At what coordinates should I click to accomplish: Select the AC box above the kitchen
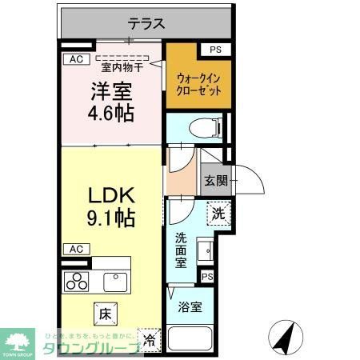[75, 248]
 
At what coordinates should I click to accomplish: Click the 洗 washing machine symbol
[218, 214]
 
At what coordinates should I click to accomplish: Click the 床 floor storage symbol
[105, 308]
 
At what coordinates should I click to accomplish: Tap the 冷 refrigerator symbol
[149, 338]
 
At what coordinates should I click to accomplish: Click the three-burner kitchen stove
[79, 282]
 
